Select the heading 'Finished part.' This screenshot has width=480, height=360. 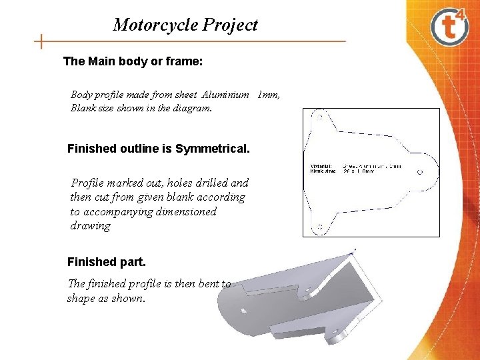(101, 261)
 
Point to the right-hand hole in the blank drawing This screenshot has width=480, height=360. (419, 171)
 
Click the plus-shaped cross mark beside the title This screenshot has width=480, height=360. (41, 41)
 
